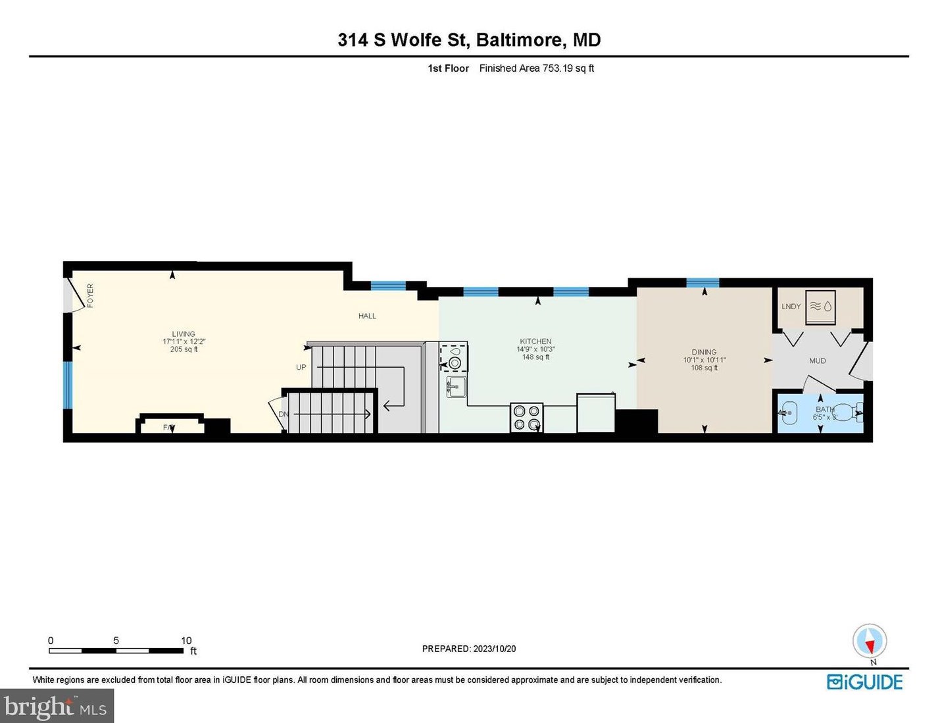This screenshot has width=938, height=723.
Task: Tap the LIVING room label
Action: point(184,334)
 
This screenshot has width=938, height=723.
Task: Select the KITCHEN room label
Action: point(535,341)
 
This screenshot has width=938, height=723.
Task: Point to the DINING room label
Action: point(704,352)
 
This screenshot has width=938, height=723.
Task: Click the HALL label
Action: point(367,316)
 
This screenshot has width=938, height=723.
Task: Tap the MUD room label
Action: point(817,361)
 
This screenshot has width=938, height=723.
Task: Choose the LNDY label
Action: point(791,307)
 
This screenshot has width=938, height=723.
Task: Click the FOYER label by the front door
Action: point(90,295)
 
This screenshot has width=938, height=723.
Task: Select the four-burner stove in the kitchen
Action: point(526,417)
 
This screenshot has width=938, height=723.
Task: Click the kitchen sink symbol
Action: point(456,387)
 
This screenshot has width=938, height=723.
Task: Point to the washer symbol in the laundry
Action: point(820,307)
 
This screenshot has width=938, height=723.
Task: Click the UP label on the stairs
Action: point(301,367)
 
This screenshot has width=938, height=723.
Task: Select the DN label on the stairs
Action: point(284,414)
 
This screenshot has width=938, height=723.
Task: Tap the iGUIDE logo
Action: point(864,682)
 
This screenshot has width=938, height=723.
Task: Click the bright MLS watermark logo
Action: point(57,707)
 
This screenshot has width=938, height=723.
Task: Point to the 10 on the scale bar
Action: point(186,640)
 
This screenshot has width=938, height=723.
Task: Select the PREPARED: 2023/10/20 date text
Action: point(469,649)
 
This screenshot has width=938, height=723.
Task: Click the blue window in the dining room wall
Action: point(703,283)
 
